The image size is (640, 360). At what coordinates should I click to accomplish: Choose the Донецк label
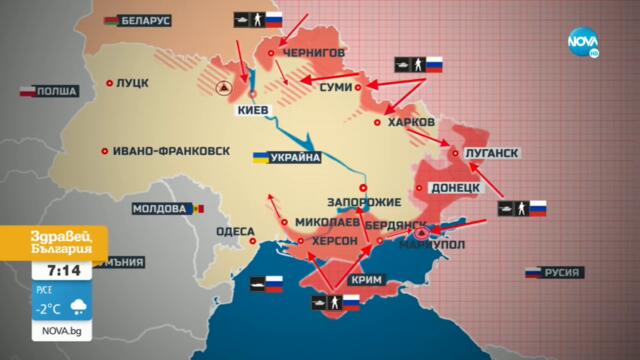pyautogui.click(x=456, y=187)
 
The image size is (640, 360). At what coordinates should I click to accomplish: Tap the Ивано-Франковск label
pyautogui.click(x=171, y=151)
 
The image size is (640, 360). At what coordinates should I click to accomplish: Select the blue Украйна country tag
pyautogui.click(x=294, y=158)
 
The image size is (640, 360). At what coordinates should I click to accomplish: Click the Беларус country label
pyautogui.click(x=144, y=20)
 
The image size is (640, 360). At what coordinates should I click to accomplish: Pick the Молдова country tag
pyautogui.click(x=159, y=209)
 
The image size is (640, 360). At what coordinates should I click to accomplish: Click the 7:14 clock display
pyautogui.click(x=49, y=270)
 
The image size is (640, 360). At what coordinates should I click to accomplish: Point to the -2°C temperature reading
pyautogui.click(x=49, y=307)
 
